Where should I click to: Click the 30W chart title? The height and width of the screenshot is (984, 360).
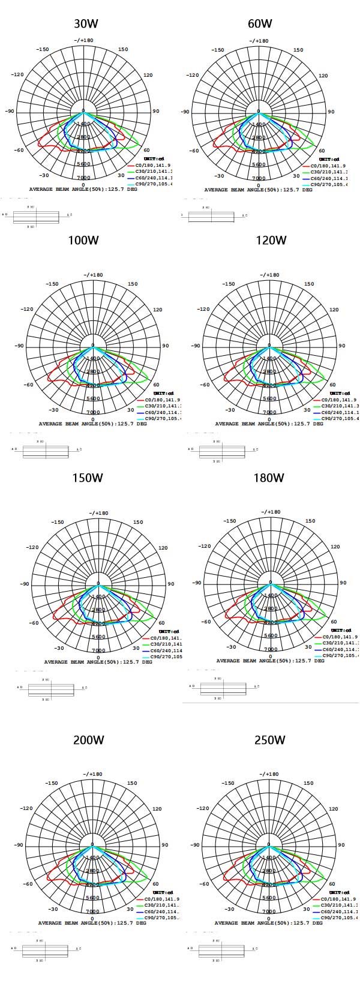click(86, 24)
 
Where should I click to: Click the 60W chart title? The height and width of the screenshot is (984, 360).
click(260, 24)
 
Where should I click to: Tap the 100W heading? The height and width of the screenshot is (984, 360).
click(83, 241)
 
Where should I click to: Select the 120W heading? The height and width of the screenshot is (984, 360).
click(271, 241)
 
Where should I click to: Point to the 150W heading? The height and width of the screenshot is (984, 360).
click(88, 478)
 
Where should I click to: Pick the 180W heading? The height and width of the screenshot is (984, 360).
click(269, 478)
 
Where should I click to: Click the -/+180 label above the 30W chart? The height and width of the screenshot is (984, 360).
click(83, 41)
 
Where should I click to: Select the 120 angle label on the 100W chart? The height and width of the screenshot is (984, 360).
click(157, 310)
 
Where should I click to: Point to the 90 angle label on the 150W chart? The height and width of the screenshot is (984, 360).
click(171, 584)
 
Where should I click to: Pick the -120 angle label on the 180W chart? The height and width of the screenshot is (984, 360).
click(205, 547)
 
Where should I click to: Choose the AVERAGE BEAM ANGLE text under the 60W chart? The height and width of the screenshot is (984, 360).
click(258, 190)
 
